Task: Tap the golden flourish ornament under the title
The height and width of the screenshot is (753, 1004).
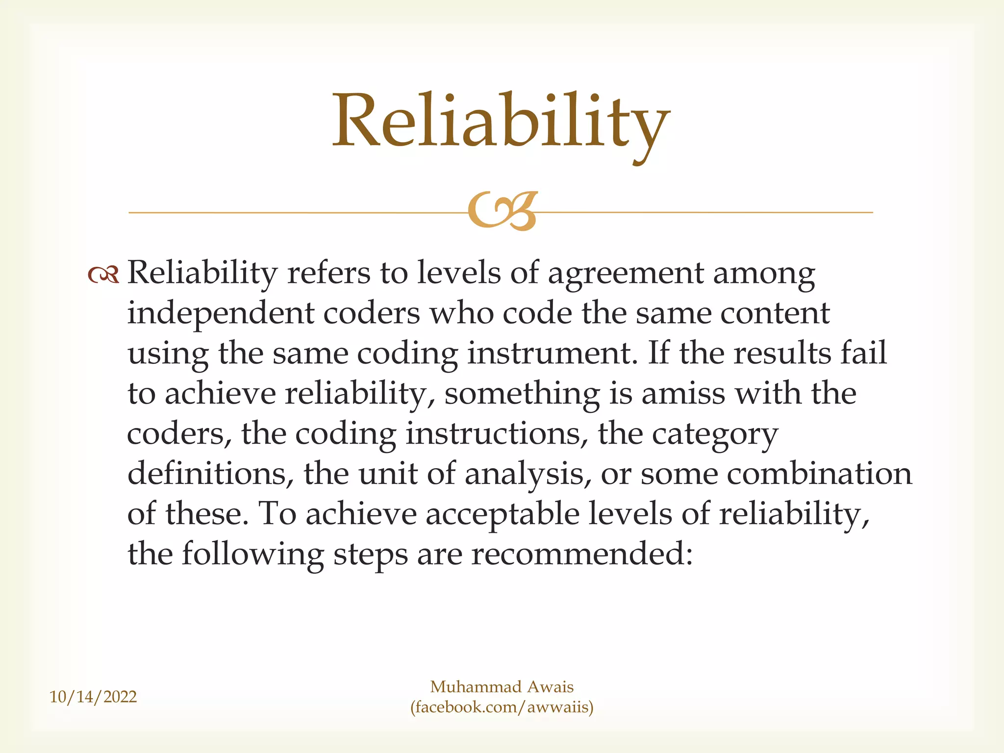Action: (x=502, y=211)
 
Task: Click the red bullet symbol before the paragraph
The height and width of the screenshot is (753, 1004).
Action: (x=103, y=275)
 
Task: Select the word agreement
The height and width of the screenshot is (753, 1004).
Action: (x=626, y=274)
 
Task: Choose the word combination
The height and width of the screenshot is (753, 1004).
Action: (x=819, y=474)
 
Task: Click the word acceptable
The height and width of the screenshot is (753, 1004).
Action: (x=502, y=515)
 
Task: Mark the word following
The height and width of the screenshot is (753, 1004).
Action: (x=252, y=555)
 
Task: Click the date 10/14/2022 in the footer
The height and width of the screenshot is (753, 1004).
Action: (x=93, y=697)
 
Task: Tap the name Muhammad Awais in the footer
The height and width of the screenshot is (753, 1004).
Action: (x=502, y=687)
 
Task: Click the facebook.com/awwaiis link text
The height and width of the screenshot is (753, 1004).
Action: (x=502, y=707)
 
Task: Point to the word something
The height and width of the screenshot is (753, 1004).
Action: (x=522, y=394)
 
